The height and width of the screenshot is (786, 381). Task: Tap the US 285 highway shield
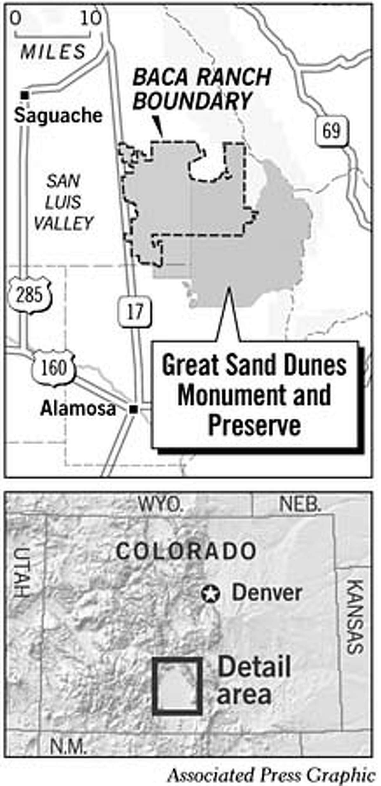[30, 295]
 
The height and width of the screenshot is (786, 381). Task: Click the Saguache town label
[58, 116]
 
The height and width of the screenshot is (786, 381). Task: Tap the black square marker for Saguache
[25, 95]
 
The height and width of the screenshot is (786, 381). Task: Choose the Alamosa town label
[78, 409]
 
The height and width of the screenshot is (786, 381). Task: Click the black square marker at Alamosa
[134, 410]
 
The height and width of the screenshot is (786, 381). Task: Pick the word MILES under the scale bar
[53, 52]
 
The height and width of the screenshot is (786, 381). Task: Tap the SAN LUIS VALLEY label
[63, 202]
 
